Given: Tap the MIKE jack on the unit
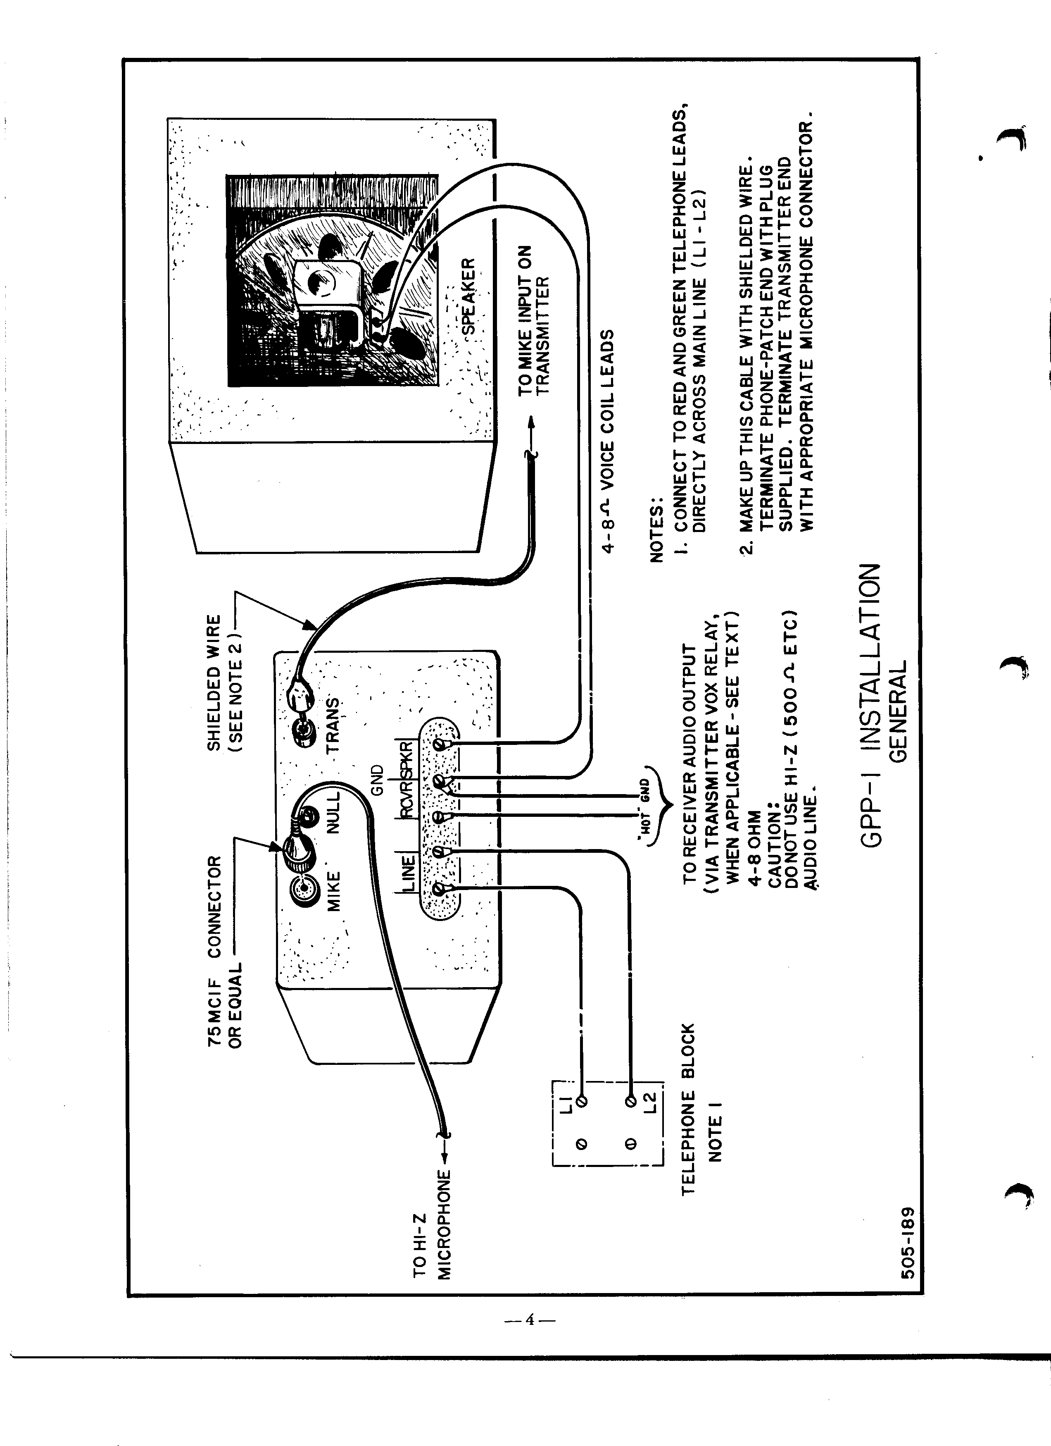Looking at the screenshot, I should click(303, 888).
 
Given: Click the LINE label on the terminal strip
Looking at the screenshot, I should click(408, 873).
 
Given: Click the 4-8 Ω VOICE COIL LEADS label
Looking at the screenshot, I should click(608, 440).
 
